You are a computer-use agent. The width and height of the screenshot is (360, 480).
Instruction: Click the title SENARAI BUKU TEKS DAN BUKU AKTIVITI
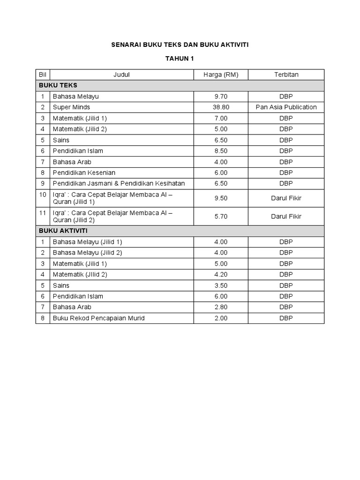coord(180,45)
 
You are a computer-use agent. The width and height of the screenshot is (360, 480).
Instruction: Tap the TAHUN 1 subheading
coord(180,59)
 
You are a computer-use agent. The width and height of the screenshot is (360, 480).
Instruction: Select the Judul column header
coord(121,75)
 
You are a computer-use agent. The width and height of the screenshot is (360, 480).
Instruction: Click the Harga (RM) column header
coord(221,75)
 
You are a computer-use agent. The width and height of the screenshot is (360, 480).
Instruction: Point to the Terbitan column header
coord(286,75)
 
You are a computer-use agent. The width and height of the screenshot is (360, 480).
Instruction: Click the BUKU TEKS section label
coord(58,85)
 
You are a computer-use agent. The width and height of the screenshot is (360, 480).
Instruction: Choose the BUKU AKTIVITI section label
coord(63,231)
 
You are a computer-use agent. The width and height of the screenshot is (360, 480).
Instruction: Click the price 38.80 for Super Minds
coord(221,107)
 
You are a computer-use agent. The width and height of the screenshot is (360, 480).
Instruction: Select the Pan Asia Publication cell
coord(286,107)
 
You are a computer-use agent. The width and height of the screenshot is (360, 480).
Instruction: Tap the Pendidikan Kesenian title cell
coord(84,172)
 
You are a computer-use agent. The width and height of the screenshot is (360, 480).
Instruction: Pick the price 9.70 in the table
coord(221,97)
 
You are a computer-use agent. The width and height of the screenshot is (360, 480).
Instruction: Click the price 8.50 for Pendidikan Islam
coord(221,151)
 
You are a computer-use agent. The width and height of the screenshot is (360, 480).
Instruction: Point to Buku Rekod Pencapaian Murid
coord(98,318)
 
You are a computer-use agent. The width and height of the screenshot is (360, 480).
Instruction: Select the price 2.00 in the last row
coord(221,318)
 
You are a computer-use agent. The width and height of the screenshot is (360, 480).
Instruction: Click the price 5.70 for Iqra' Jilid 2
coord(221,217)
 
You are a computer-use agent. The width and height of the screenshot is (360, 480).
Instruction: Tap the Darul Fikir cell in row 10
coord(286,198)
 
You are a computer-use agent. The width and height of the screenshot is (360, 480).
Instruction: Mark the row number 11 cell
coord(43,217)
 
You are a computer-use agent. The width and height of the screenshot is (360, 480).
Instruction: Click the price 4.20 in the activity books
coord(221,275)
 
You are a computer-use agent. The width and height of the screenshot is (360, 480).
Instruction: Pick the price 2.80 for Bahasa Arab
coord(221,307)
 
